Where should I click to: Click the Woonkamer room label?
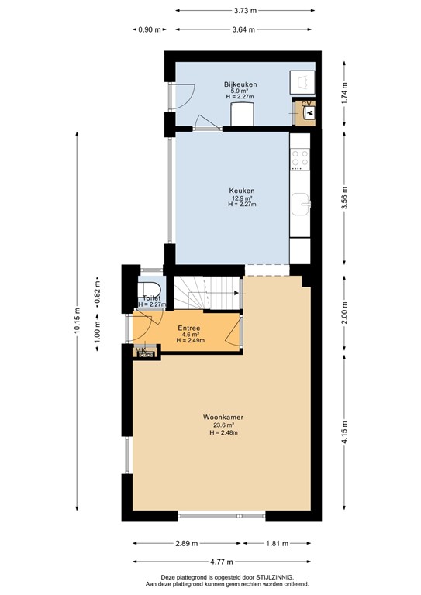[x=223, y=417]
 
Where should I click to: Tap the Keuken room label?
[x=241, y=191]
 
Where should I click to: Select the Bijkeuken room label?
[x=240, y=84]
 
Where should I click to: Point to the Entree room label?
[x=189, y=328]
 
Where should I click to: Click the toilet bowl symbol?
[x=149, y=290]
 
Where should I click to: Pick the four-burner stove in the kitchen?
[x=300, y=159]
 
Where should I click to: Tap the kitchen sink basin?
[x=301, y=205]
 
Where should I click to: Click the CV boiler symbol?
[x=309, y=112]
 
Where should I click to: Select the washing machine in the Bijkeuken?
[x=302, y=82]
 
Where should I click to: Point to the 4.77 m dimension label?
[x=222, y=562]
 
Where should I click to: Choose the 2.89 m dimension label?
[x=186, y=543]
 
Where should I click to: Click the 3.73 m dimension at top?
[x=245, y=11]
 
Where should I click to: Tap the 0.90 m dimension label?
[x=150, y=29]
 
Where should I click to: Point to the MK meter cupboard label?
[x=140, y=350]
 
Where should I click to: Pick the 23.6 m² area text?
[x=224, y=425]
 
